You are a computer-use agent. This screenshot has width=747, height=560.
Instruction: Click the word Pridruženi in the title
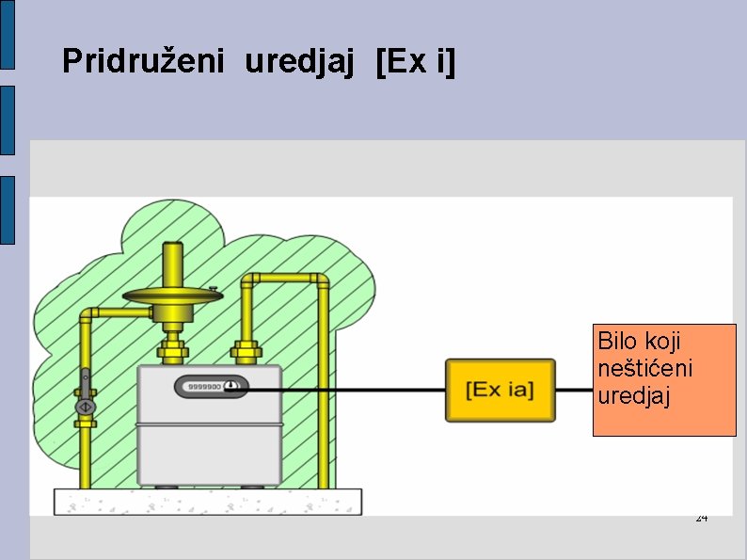[143, 62]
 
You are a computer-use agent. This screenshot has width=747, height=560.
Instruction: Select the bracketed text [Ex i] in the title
[415, 62]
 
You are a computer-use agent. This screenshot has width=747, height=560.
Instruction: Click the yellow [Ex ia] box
[500, 390]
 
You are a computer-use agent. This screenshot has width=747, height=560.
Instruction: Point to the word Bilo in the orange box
[617, 340]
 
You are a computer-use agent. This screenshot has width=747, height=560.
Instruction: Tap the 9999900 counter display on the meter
[204, 386]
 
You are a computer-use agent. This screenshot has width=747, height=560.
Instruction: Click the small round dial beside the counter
[231, 385]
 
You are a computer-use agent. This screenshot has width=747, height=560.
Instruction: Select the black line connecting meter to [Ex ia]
[348, 390]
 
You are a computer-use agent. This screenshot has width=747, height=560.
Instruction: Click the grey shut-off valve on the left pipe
[86, 406]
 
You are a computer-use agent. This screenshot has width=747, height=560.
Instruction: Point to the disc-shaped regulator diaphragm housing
[172, 297]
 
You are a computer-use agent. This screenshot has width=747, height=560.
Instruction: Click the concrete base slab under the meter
[207, 502]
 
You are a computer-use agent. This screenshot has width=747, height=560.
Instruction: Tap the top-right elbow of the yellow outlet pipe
[321, 280]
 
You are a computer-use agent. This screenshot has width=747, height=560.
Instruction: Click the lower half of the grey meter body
[208, 454]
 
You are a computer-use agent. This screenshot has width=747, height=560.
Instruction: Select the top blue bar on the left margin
[8, 34]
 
